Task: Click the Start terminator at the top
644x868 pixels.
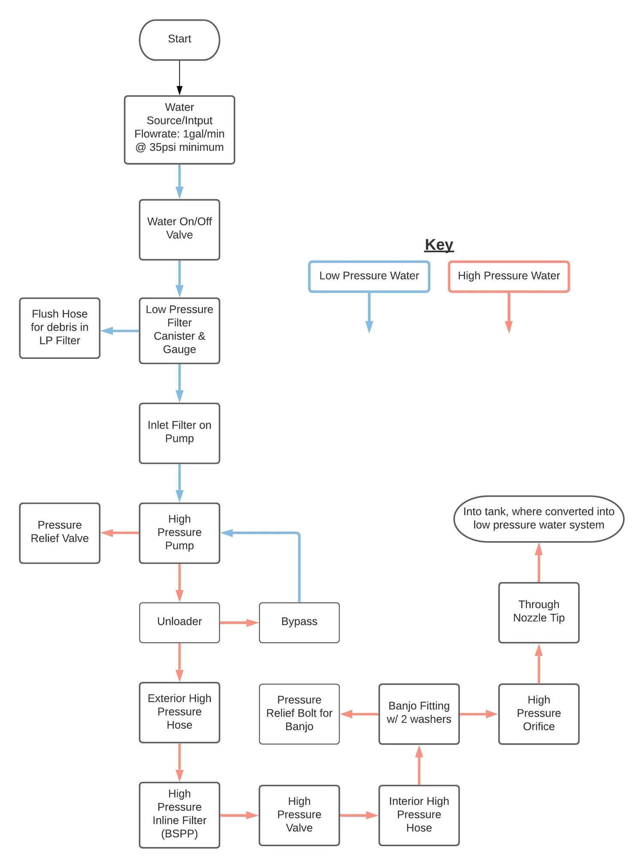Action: point(179,40)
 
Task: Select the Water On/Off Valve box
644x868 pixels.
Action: point(179,229)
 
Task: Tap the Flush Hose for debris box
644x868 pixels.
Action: point(60,328)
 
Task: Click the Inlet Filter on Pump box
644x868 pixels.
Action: point(179,433)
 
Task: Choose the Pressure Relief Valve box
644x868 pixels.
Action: point(60,533)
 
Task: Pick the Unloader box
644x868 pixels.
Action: point(179,622)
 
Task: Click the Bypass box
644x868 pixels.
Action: point(299,622)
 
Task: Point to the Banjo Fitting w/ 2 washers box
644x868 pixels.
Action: point(419,713)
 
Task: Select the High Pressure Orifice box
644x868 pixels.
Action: point(538,713)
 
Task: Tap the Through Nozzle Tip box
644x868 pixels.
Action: point(538,612)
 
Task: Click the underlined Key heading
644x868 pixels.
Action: point(439,245)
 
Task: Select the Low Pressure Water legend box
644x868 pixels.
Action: point(369,276)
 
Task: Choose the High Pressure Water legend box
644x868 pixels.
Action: point(509,276)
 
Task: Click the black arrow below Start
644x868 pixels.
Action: point(179,77)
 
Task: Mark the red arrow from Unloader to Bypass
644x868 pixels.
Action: point(239,622)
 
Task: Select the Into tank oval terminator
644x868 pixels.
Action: point(538,518)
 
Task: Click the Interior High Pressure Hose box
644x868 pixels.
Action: point(419,815)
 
